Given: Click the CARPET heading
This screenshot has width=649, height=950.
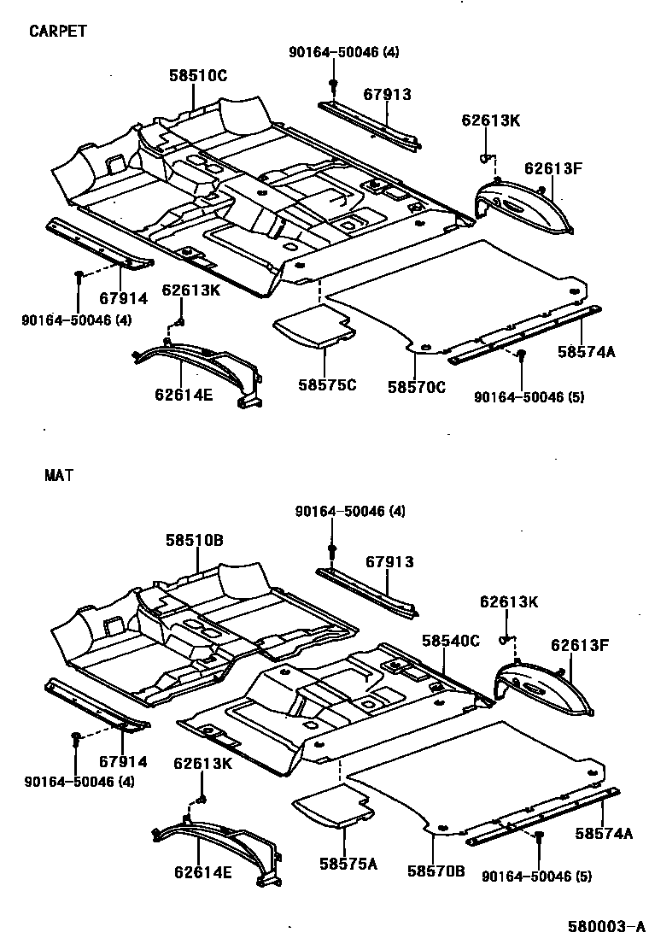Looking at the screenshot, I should click(58, 32).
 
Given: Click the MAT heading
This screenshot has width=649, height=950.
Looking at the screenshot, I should click(59, 476).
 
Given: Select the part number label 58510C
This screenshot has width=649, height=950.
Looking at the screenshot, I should click(198, 76).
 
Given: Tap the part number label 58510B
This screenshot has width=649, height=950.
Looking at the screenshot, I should click(195, 541).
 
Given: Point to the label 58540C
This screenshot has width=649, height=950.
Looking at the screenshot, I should click(450, 641).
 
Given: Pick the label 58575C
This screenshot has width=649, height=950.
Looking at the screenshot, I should click(327, 385).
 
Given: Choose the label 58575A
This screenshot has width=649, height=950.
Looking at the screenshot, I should click(348, 864).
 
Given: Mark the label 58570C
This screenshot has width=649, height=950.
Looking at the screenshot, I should click(417, 386).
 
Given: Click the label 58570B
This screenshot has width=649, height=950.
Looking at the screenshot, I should click(436, 871).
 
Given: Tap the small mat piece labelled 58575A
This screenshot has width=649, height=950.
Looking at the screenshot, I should click(333, 806).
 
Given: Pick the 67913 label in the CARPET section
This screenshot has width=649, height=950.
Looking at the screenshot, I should click(388, 94).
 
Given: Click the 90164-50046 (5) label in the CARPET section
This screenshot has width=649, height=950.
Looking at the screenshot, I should click(529, 397).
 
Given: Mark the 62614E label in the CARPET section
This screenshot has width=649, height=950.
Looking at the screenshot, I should click(183, 394).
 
